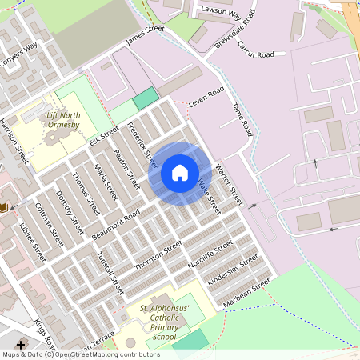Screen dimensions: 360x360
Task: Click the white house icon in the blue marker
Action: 179,173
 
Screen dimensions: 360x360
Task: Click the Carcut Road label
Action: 255,50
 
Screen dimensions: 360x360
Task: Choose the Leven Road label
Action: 206,97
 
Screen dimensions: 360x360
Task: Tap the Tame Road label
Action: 242,119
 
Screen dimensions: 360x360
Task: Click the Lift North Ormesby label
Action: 62,120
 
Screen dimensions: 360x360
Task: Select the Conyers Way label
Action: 18,54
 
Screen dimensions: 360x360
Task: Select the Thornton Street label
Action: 158,255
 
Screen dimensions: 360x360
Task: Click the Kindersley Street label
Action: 233,270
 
